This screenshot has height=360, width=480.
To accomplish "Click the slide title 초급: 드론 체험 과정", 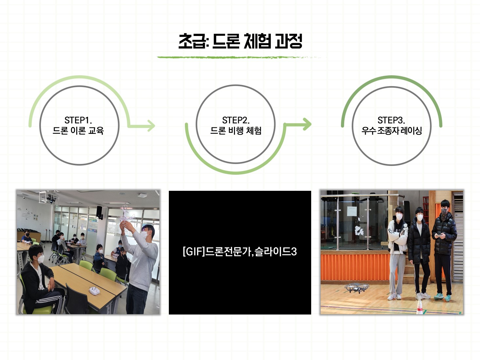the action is [240, 41].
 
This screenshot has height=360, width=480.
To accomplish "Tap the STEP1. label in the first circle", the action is [78, 120].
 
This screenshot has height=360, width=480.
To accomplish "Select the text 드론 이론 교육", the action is [78, 131].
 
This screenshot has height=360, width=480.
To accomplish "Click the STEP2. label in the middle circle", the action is [236, 120].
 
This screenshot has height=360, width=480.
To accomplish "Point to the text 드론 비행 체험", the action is [236, 131].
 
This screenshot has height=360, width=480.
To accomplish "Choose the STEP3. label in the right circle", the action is [391, 120].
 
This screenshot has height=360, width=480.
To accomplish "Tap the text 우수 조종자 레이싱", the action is [391, 131].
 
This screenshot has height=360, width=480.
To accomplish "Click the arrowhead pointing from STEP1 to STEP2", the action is [151, 126].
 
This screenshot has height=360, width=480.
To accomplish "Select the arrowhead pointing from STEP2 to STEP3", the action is [307, 124].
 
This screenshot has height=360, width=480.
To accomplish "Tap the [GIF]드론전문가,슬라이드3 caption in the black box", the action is [240, 252].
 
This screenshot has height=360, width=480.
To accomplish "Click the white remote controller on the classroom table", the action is [95, 290].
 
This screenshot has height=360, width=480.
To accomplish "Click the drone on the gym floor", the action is [357, 288].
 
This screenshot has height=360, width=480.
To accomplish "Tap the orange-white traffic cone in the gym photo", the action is [419, 307].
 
